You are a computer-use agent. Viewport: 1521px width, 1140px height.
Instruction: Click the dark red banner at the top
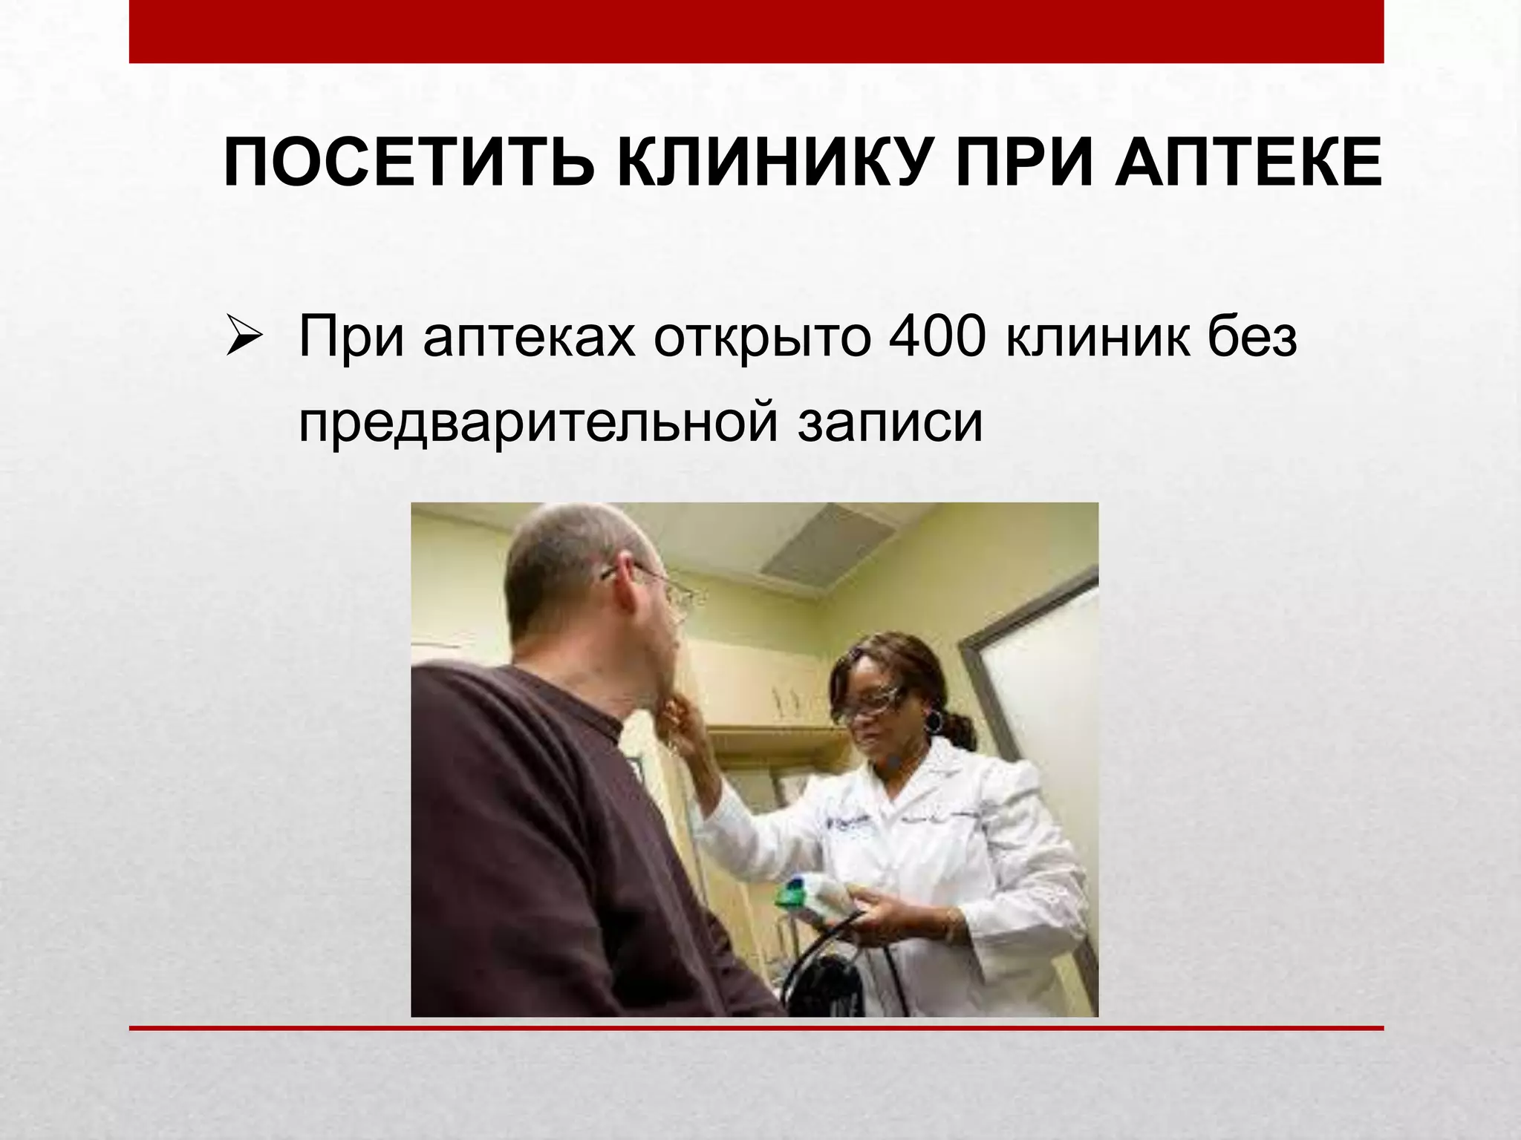pos(756,31)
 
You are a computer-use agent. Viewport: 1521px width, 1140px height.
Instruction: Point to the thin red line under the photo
pos(756,1028)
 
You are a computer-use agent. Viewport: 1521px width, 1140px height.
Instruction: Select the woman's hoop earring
pos(934,720)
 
